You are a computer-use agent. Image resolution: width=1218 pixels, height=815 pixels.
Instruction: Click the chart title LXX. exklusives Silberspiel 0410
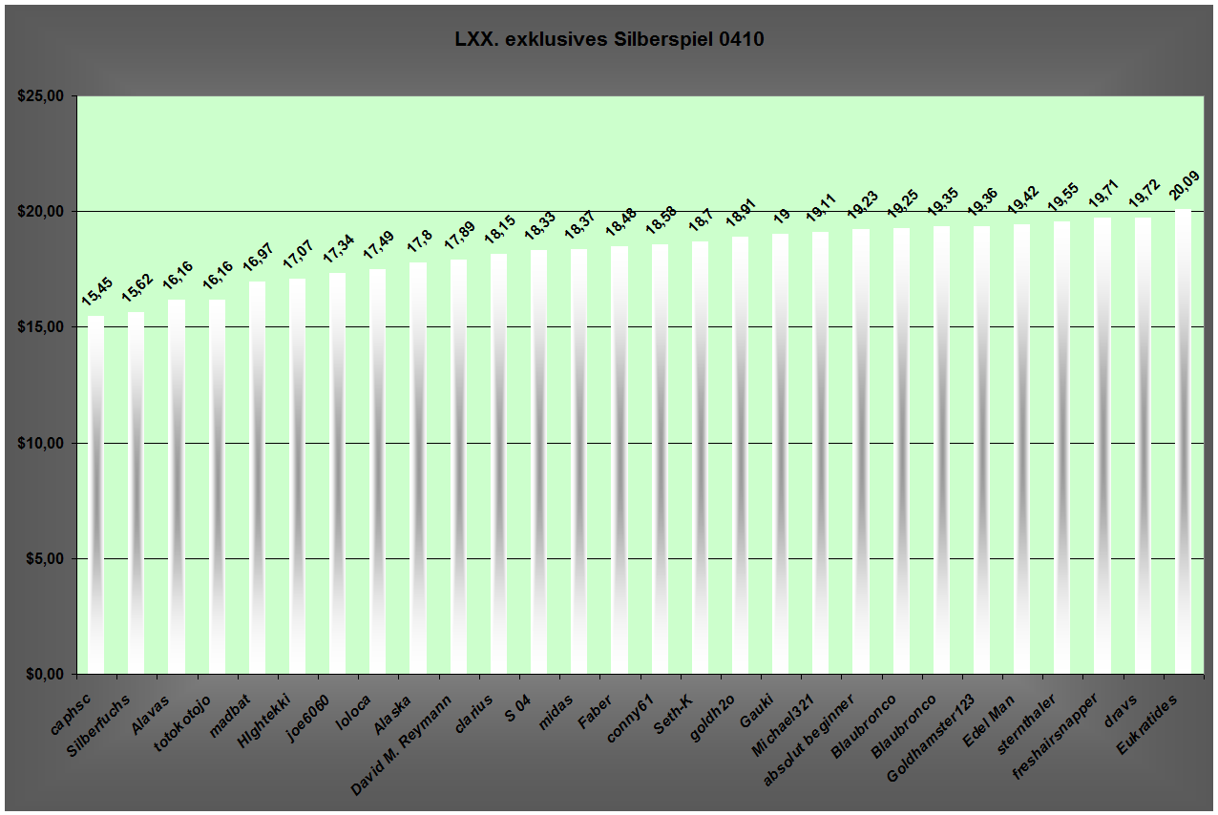tap(609, 40)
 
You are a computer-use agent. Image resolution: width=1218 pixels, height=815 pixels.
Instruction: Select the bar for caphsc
tap(95, 496)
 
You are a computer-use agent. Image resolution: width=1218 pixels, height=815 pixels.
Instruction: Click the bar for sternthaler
tap(1061, 449)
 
